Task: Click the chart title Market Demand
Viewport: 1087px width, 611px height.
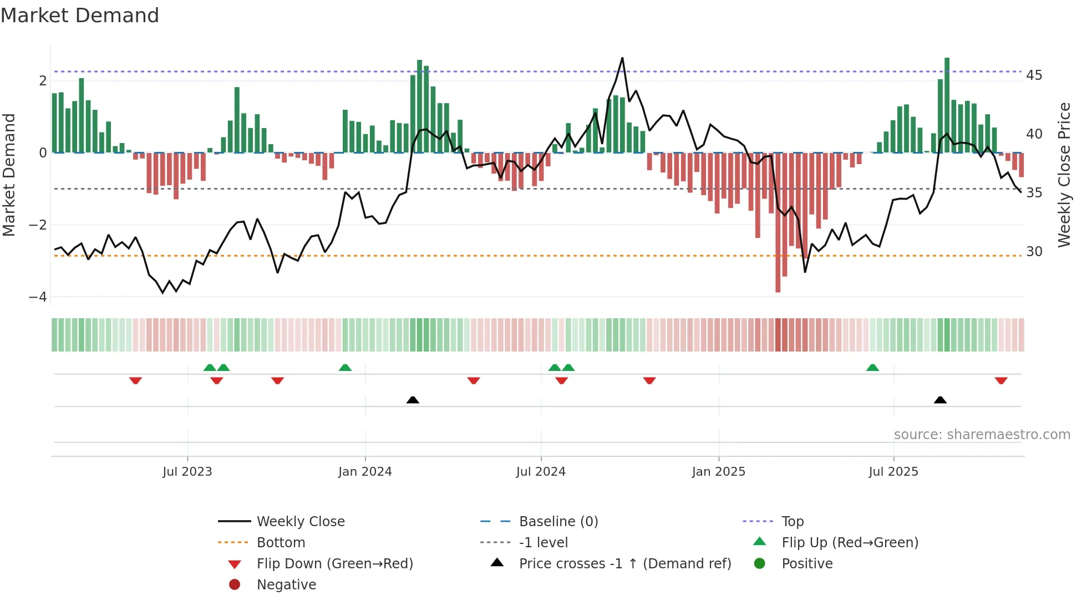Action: (x=80, y=16)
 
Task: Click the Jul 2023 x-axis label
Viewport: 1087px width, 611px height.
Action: (x=187, y=472)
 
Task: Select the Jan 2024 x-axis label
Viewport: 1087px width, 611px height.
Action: (x=365, y=472)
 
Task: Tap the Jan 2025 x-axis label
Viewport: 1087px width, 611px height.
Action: (x=718, y=472)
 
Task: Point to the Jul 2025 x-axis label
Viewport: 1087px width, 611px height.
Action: (x=893, y=472)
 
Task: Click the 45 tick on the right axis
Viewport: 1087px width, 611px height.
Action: (x=1034, y=75)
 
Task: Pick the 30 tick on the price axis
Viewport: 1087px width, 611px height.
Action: (x=1034, y=252)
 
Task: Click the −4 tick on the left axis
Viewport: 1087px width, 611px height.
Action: (x=38, y=297)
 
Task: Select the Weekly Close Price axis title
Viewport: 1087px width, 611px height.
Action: (x=1064, y=175)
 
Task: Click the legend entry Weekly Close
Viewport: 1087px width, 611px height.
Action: (x=300, y=522)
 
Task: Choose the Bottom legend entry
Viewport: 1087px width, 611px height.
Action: (x=281, y=543)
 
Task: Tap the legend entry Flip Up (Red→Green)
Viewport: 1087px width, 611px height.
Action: (x=850, y=543)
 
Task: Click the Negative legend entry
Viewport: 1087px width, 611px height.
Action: (x=286, y=585)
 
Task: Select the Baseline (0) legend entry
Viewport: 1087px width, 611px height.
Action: (x=558, y=522)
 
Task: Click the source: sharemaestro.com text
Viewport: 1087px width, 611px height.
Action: (x=982, y=435)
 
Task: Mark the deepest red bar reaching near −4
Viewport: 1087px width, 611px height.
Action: (x=778, y=277)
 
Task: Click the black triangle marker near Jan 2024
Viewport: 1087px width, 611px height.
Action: (x=413, y=400)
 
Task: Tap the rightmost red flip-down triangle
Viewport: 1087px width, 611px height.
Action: (x=1000, y=380)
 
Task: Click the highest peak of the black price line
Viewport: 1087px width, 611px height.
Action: (x=622, y=58)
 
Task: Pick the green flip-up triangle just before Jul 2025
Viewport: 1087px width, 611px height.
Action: (x=872, y=368)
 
